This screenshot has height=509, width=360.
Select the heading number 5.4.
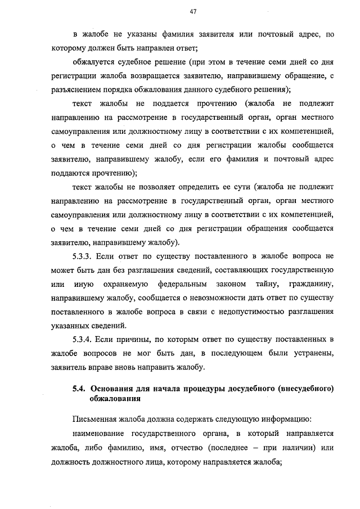click(x=79, y=388)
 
